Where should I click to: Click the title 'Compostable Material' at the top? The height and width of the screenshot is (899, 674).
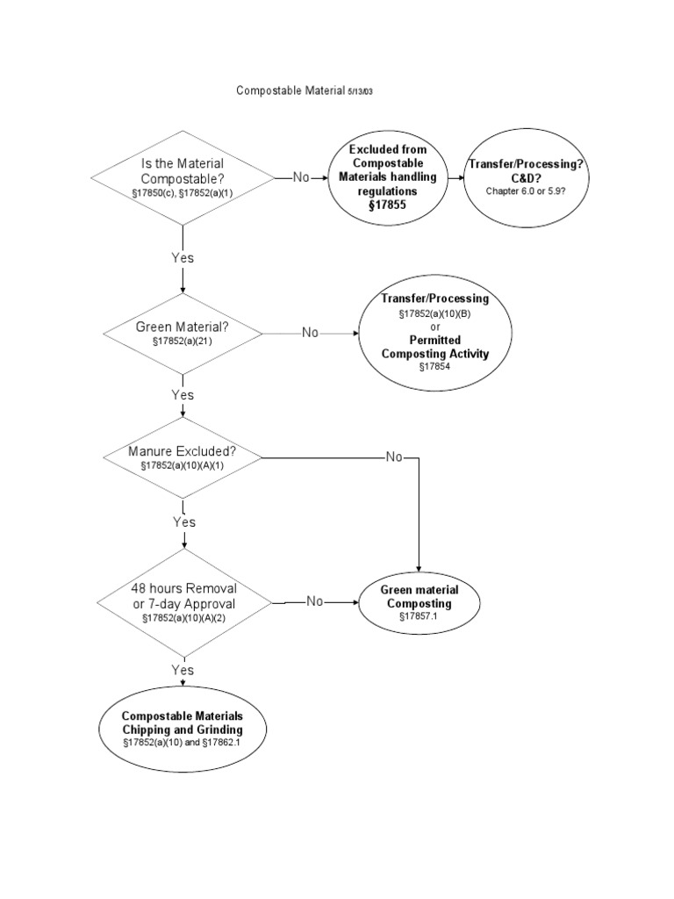point(290,91)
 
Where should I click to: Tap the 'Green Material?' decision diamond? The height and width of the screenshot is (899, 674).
point(183,333)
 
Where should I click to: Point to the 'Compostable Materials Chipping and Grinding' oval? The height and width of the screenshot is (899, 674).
point(183,729)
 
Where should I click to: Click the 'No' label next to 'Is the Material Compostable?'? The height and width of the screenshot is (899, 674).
point(301,177)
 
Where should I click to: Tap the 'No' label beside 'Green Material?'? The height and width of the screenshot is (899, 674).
point(311,333)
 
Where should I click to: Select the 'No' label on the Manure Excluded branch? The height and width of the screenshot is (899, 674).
point(394,458)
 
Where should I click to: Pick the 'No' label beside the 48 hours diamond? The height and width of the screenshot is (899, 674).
point(316,602)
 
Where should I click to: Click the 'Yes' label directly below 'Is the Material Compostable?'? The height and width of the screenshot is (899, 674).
point(183,258)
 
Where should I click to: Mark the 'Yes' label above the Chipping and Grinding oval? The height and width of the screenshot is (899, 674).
point(183,670)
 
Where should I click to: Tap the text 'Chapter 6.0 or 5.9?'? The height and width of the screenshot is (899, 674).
point(526,192)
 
